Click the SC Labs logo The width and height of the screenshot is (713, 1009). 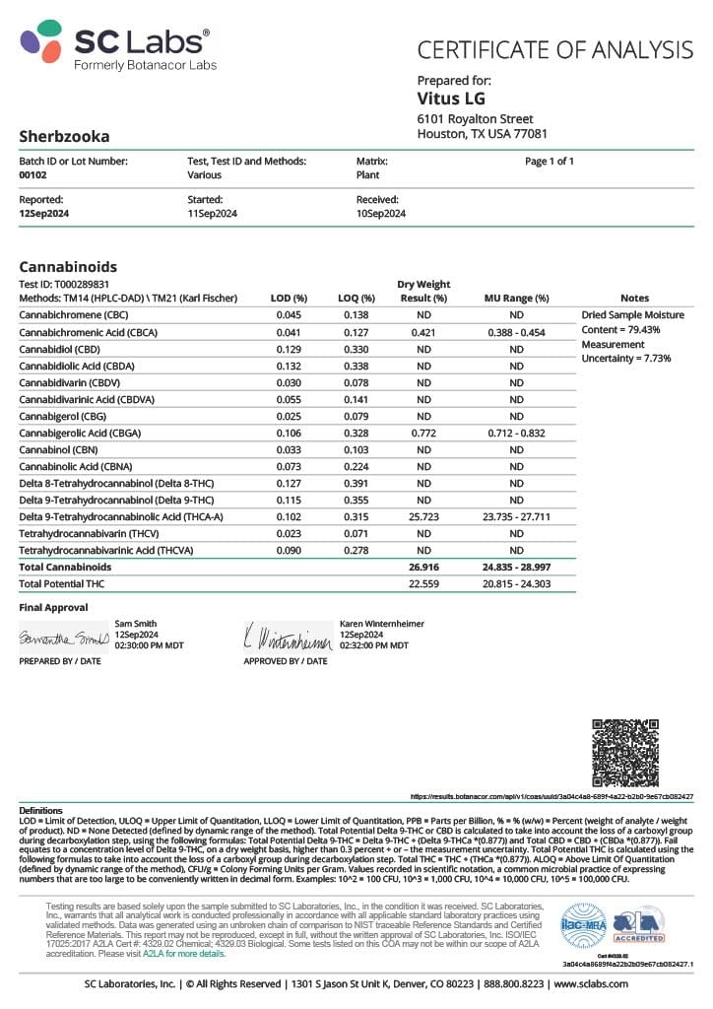pos(115,46)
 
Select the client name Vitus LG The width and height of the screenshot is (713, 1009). pos(451,99)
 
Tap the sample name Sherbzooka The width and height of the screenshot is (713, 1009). pos(64,136)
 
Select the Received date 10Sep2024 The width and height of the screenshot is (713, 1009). pos(381,213)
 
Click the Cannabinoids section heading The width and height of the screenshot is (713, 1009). pos(68,267)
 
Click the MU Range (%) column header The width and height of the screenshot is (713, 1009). pos(516,298)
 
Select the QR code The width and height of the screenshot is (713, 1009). pos(625,753)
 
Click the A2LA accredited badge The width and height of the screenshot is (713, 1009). pos(639,924)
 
